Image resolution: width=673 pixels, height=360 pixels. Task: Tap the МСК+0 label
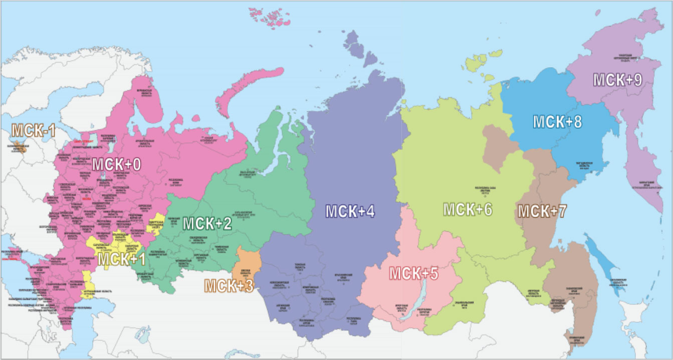click(x=116, y=163)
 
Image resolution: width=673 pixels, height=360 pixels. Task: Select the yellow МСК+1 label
click(x=121, y=259)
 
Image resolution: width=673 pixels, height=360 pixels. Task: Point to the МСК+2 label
click(x=206, y=224)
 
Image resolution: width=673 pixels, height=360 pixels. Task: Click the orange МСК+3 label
click(x=228, y=285)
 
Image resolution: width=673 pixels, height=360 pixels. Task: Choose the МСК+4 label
click(x=350, y=211)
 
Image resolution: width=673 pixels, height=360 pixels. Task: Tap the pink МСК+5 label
click(x=414, y=274)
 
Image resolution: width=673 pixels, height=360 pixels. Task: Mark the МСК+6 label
click(x=468, y=210)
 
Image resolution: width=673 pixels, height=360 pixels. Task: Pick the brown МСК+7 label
click(x=542, y=211)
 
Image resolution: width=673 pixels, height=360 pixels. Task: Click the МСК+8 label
click(x=557, y=122)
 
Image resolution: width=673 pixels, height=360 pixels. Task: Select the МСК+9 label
click(x=617, y=80)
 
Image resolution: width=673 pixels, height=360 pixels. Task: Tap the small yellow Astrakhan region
click(x=87, y=284)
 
